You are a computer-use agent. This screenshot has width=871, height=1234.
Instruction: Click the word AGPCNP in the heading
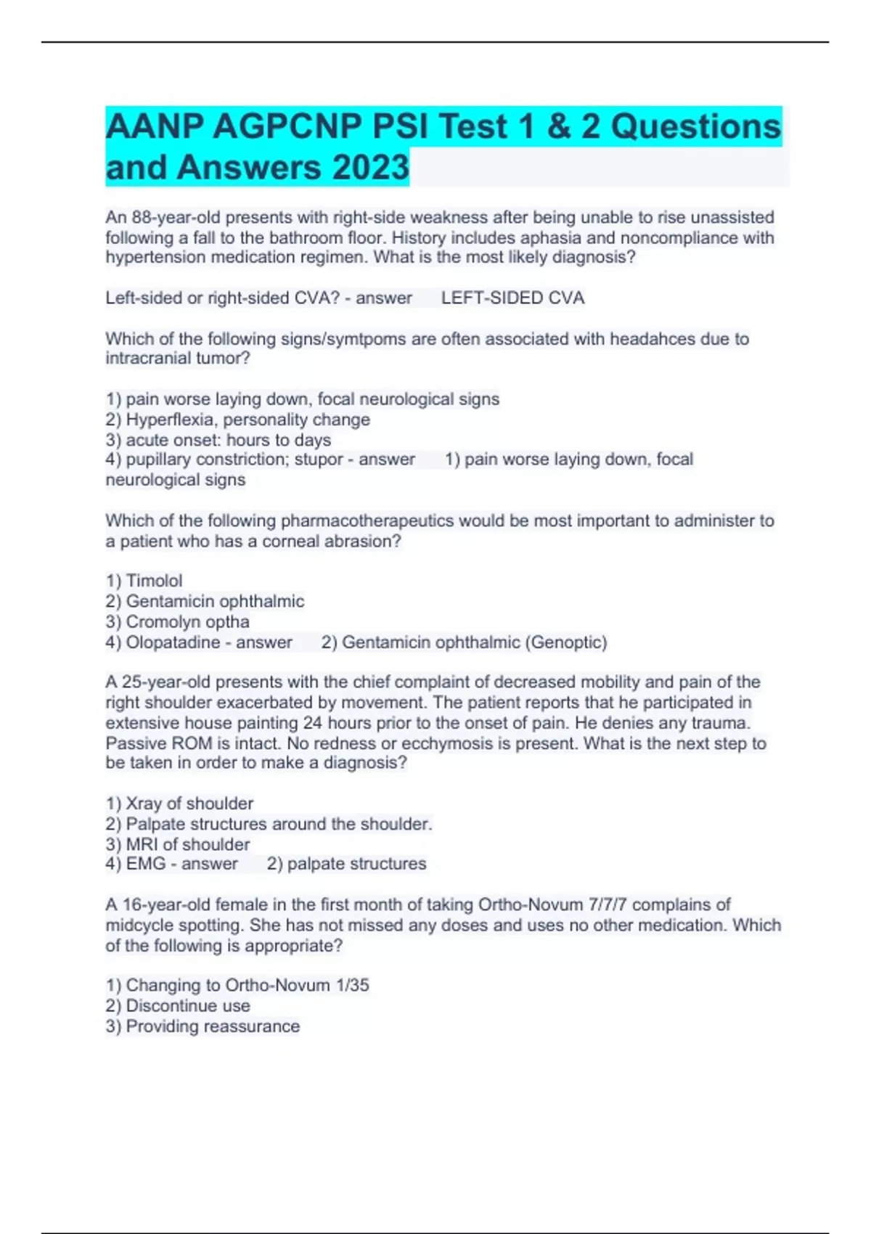point(287,127)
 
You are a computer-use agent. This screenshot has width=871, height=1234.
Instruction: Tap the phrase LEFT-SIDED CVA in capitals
point(512,298)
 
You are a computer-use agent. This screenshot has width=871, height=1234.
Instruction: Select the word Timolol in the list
point(154,581)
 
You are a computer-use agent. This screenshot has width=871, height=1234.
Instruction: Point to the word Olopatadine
point(173,642)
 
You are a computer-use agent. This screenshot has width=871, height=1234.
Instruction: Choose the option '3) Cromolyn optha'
point(178,622)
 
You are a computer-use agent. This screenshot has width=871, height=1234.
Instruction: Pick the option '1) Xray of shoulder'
point(179,804)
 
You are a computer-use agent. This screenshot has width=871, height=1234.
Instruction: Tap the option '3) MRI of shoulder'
point(178,844)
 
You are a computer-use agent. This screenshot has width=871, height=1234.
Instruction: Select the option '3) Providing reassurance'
point(203,1026)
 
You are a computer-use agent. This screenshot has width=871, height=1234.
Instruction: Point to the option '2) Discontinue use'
point(178,1006)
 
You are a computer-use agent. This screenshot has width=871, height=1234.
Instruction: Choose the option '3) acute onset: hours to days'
point(218,440)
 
